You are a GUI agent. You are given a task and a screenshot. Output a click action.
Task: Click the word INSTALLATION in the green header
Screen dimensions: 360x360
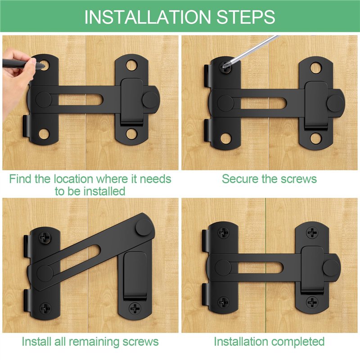point(148,17)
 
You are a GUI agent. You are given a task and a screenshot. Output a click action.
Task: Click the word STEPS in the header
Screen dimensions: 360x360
point(245,17)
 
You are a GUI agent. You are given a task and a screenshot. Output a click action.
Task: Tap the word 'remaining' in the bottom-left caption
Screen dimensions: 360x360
point(94,342)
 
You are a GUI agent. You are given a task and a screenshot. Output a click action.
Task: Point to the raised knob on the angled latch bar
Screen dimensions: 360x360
point(144,227)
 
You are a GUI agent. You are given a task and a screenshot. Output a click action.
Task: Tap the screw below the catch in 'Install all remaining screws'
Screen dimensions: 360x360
point(135,308)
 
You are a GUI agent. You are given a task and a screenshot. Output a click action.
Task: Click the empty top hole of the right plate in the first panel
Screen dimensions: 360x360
point(131,65)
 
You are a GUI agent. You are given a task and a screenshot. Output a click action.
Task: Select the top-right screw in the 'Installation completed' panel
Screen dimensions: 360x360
point(312,233)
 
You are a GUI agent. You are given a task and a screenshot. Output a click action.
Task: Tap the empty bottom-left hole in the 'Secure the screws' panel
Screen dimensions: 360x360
point(226,138)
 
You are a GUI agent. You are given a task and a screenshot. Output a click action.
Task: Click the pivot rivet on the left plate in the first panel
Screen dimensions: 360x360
point(44,100)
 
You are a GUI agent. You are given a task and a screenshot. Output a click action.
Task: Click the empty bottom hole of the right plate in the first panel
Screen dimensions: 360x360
point(131,134)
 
